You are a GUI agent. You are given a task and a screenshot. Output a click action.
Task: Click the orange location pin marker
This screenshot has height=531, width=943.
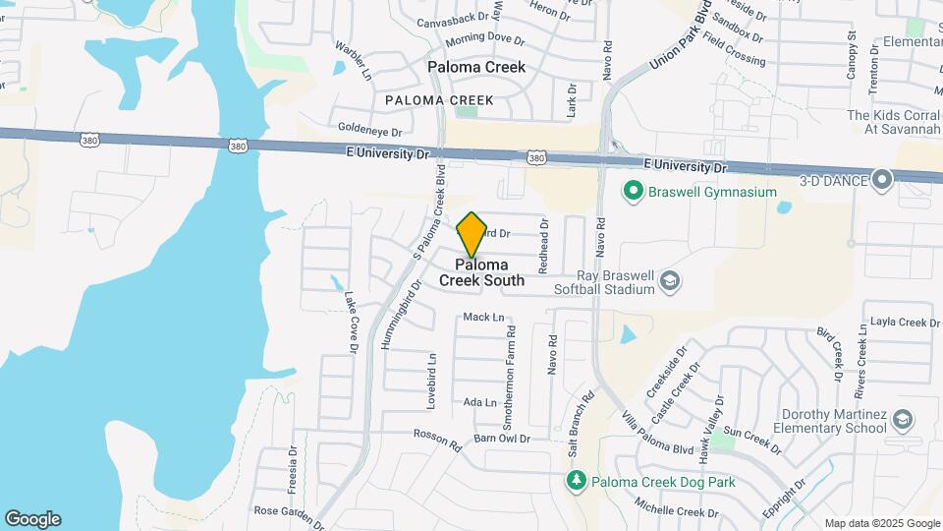tap(472, 234)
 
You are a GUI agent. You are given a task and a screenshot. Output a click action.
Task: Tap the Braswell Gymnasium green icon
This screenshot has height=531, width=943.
tap(634, 191)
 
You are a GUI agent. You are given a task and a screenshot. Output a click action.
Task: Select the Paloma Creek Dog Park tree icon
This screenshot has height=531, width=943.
tap(578, 481)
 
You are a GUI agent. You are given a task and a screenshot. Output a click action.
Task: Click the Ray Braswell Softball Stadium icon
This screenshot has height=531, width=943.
tap(669, 281)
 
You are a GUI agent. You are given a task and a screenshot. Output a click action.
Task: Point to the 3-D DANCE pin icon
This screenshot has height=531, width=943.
tap(882, 179)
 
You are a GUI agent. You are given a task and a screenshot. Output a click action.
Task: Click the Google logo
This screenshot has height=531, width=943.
tap(32, 519)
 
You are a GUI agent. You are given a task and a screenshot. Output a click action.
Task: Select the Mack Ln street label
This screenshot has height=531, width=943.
tap(482, 318)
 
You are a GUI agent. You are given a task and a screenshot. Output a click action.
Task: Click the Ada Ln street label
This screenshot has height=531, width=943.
tap(479, 402)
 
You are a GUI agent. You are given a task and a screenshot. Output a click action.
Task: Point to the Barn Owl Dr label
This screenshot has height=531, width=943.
tap(501, 439)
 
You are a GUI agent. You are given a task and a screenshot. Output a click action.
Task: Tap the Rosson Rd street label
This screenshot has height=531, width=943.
tap(437, 440)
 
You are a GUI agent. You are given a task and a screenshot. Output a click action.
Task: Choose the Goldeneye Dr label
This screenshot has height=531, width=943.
tap(369, 131)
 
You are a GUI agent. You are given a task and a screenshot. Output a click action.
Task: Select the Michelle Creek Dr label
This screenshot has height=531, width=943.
tap(677, 511)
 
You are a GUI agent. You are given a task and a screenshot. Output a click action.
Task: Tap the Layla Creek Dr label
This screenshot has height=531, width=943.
tap(900, 323)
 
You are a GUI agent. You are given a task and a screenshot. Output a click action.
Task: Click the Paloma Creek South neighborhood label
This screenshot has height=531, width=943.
tap(481, 272)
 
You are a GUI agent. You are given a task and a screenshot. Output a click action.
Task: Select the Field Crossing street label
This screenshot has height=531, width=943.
tap(734, 53)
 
